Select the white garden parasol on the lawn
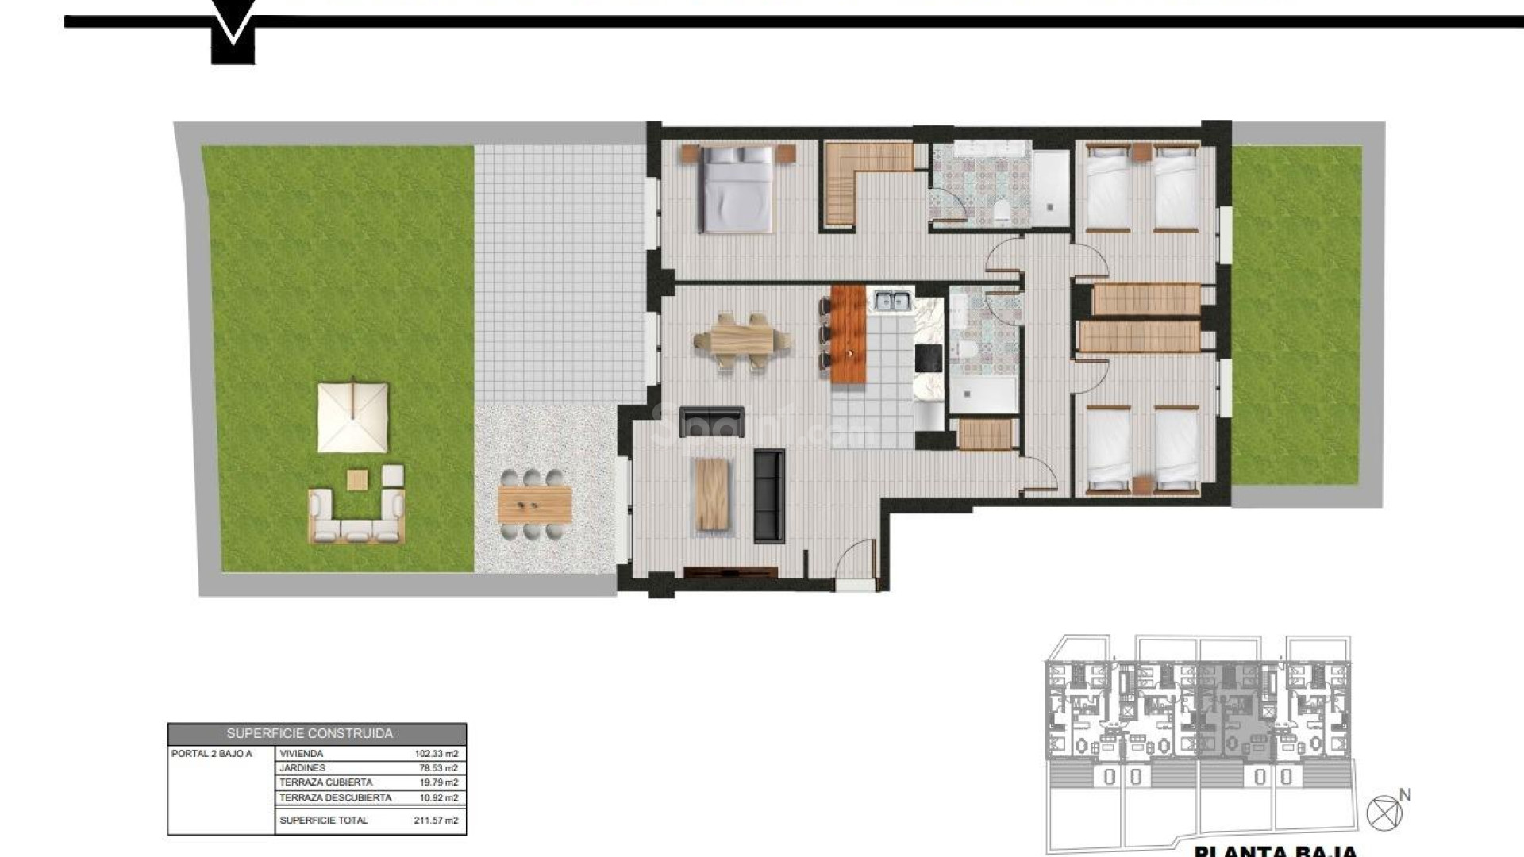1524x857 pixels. click(x=353, y=417)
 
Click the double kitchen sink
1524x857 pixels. click(x=892, y=301)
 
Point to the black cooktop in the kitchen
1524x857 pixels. click(x=928, y=358)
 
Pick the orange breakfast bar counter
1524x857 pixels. click(x=848, y=334)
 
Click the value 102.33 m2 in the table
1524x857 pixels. click(x=437, y=754)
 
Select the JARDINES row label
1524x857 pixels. click(x=302, y=768)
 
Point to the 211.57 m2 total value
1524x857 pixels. click(x=437, y=820)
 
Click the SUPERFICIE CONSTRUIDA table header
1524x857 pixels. click(x=310, y=734)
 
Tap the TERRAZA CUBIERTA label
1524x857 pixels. click(x=325, y=782)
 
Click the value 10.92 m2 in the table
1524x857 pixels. click(x=439, y=797)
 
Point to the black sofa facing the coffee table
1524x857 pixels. click(x=768, y=496)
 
